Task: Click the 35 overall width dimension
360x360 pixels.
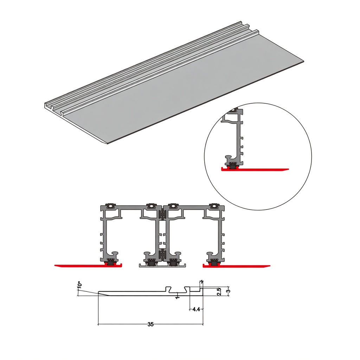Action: point(150,324)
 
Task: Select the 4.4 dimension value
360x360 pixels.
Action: point(196,309)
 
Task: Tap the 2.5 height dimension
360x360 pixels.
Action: point(219,291)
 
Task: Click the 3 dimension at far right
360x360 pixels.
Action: point(228,291)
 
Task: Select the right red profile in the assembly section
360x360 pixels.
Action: point(237,265)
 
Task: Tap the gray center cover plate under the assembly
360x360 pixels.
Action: point(162,265)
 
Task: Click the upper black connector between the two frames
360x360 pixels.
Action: point(162,215)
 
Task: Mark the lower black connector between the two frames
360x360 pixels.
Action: point(162,255)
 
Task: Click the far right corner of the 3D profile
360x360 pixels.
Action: point(303,61)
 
